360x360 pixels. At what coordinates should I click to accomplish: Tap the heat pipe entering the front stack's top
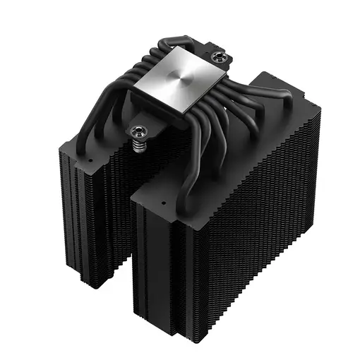click(188, 184)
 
